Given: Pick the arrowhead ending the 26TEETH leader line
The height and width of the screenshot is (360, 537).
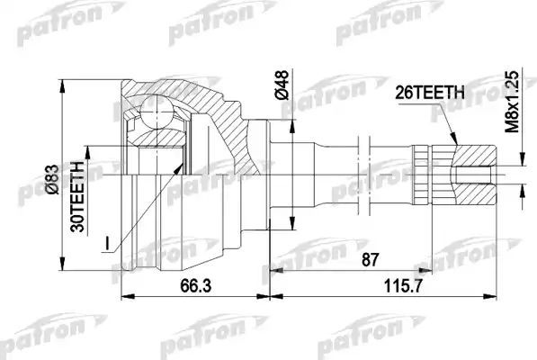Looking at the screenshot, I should (x=456, y=144).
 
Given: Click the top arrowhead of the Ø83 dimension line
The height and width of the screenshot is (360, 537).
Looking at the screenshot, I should (x=66, y=76).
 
